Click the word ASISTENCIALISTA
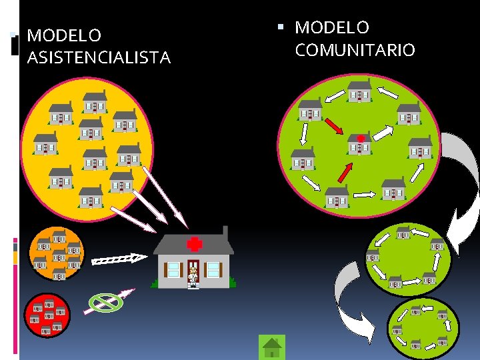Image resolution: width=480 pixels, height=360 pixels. click(99, 58)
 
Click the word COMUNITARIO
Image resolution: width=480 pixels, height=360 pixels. click(355, 50)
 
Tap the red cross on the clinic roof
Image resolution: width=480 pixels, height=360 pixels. click(194, 243)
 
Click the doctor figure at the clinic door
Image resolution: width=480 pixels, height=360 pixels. click(193, 274)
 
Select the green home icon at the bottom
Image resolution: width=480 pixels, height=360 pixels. click(271, 347)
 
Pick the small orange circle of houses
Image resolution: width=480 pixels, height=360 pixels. click(58, 254)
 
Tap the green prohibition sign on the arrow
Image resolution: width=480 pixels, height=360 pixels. click(107, 303)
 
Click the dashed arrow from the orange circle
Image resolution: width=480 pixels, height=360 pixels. click(119, 259)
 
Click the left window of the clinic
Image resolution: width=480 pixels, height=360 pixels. click(174, 269)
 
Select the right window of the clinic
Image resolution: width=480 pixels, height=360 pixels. click(213, 269)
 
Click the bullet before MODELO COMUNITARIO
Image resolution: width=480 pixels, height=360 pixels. click(281, 28)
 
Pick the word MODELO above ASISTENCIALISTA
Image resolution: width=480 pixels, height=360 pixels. click(64, 35)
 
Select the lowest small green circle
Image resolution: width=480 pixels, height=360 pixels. click(423, 325)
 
